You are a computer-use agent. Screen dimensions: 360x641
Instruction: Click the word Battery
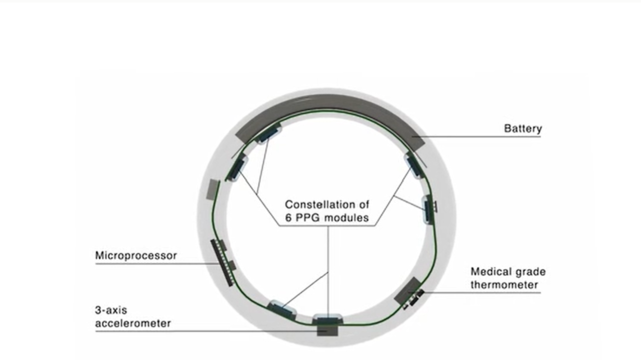(x=523, y=129)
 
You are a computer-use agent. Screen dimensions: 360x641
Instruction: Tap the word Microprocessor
(x=136, y=256)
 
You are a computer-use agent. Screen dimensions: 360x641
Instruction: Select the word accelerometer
(x=133, y=323)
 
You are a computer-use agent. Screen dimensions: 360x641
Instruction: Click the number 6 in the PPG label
(x=288, y=218)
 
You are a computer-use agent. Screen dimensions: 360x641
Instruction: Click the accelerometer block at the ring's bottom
(x=328, y=330)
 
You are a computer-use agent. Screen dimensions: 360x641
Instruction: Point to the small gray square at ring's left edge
(x=212, y=189)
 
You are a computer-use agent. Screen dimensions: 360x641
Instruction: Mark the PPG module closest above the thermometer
(x=428, y=210)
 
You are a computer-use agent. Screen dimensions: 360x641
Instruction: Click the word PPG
(x=309, y=218)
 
